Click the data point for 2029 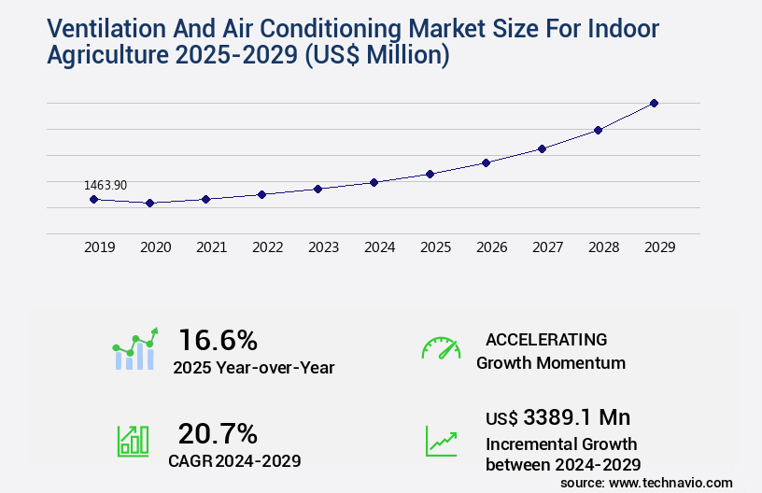654,103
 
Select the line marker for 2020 149,203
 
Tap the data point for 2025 430,174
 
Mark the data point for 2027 542,148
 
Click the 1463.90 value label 105,186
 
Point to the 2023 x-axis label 323,247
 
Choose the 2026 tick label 491,247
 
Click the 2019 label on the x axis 99,247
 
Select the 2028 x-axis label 603,247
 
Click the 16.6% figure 218,339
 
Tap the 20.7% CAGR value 218,433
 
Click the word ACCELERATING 546,339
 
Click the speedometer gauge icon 441,348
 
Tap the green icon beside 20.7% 133,441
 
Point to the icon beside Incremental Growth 441,441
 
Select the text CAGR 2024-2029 234,460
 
